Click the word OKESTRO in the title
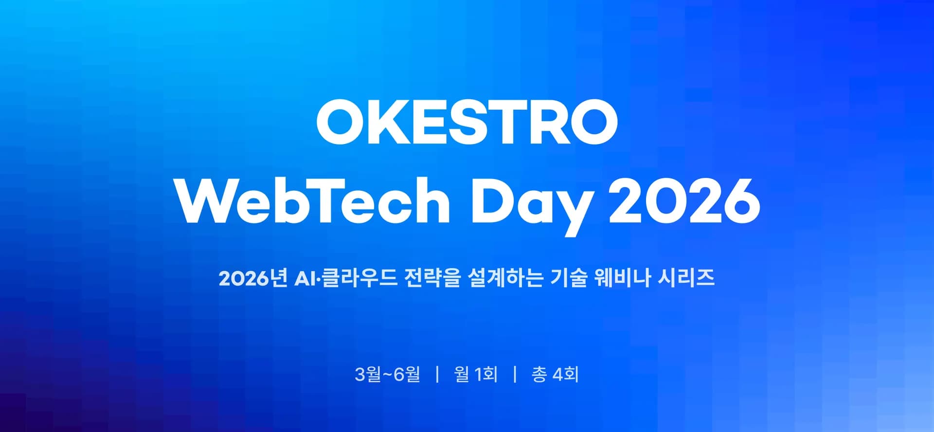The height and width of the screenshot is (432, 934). tap(467, 122)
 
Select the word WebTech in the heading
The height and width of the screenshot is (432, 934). tap(313, 200)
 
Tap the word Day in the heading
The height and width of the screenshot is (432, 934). tap(532, 204)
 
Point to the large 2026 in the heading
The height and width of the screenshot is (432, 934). tap(684, 200)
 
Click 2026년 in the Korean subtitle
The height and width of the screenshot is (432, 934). tap(253, 278)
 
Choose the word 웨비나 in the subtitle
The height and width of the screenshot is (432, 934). tap(623, 278)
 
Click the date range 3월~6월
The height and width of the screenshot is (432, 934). tap(388, 374)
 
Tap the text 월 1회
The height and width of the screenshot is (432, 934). tap(476, 374)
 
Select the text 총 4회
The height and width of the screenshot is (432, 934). tap(555, 374)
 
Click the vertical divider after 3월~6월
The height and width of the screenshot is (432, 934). tap(437, 374)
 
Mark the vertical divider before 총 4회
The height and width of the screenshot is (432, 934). tap(515, 374)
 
